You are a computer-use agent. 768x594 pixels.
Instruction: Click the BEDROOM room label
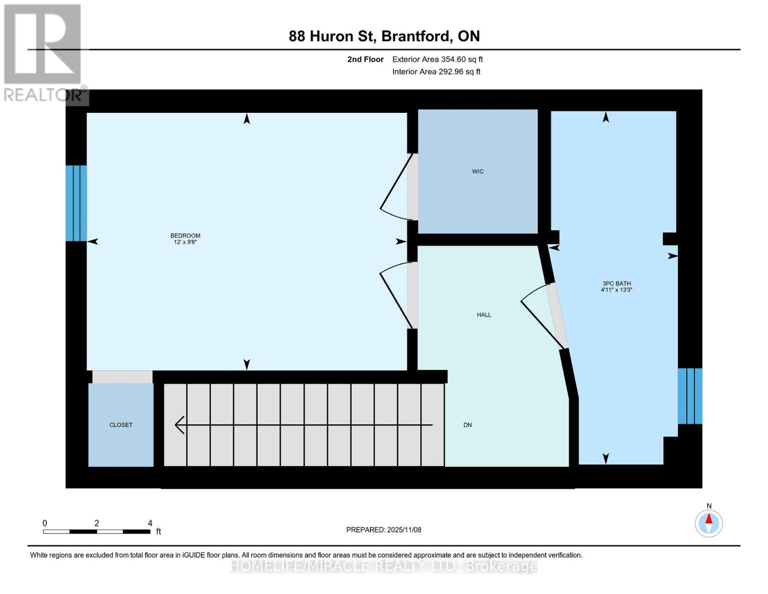(x=185, y=236)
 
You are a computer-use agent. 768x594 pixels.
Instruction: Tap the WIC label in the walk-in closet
(x=477, y=171)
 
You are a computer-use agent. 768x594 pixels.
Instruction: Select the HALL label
(x=484, y=315)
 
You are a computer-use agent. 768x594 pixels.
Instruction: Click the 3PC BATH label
(x=616, y=284)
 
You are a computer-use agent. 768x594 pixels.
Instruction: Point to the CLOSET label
(x=121, y=425)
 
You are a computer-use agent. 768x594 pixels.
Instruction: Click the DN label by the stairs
(x=467, y=425)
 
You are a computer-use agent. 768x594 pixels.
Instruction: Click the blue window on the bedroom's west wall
(x=76, y=203)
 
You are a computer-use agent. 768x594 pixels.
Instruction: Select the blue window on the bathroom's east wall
(x=689, y=396)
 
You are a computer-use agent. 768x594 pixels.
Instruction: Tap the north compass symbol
(x=709, y=523)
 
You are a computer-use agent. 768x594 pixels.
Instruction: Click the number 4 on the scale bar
(x=150, y=523)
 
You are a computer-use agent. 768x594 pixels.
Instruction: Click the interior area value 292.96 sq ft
(x=459, y=72)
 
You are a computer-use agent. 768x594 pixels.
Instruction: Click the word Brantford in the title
(x=416, y=36)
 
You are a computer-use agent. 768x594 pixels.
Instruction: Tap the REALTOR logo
(x=44, y=52)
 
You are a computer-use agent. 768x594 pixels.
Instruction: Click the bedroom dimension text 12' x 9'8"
(x=185, y=242)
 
